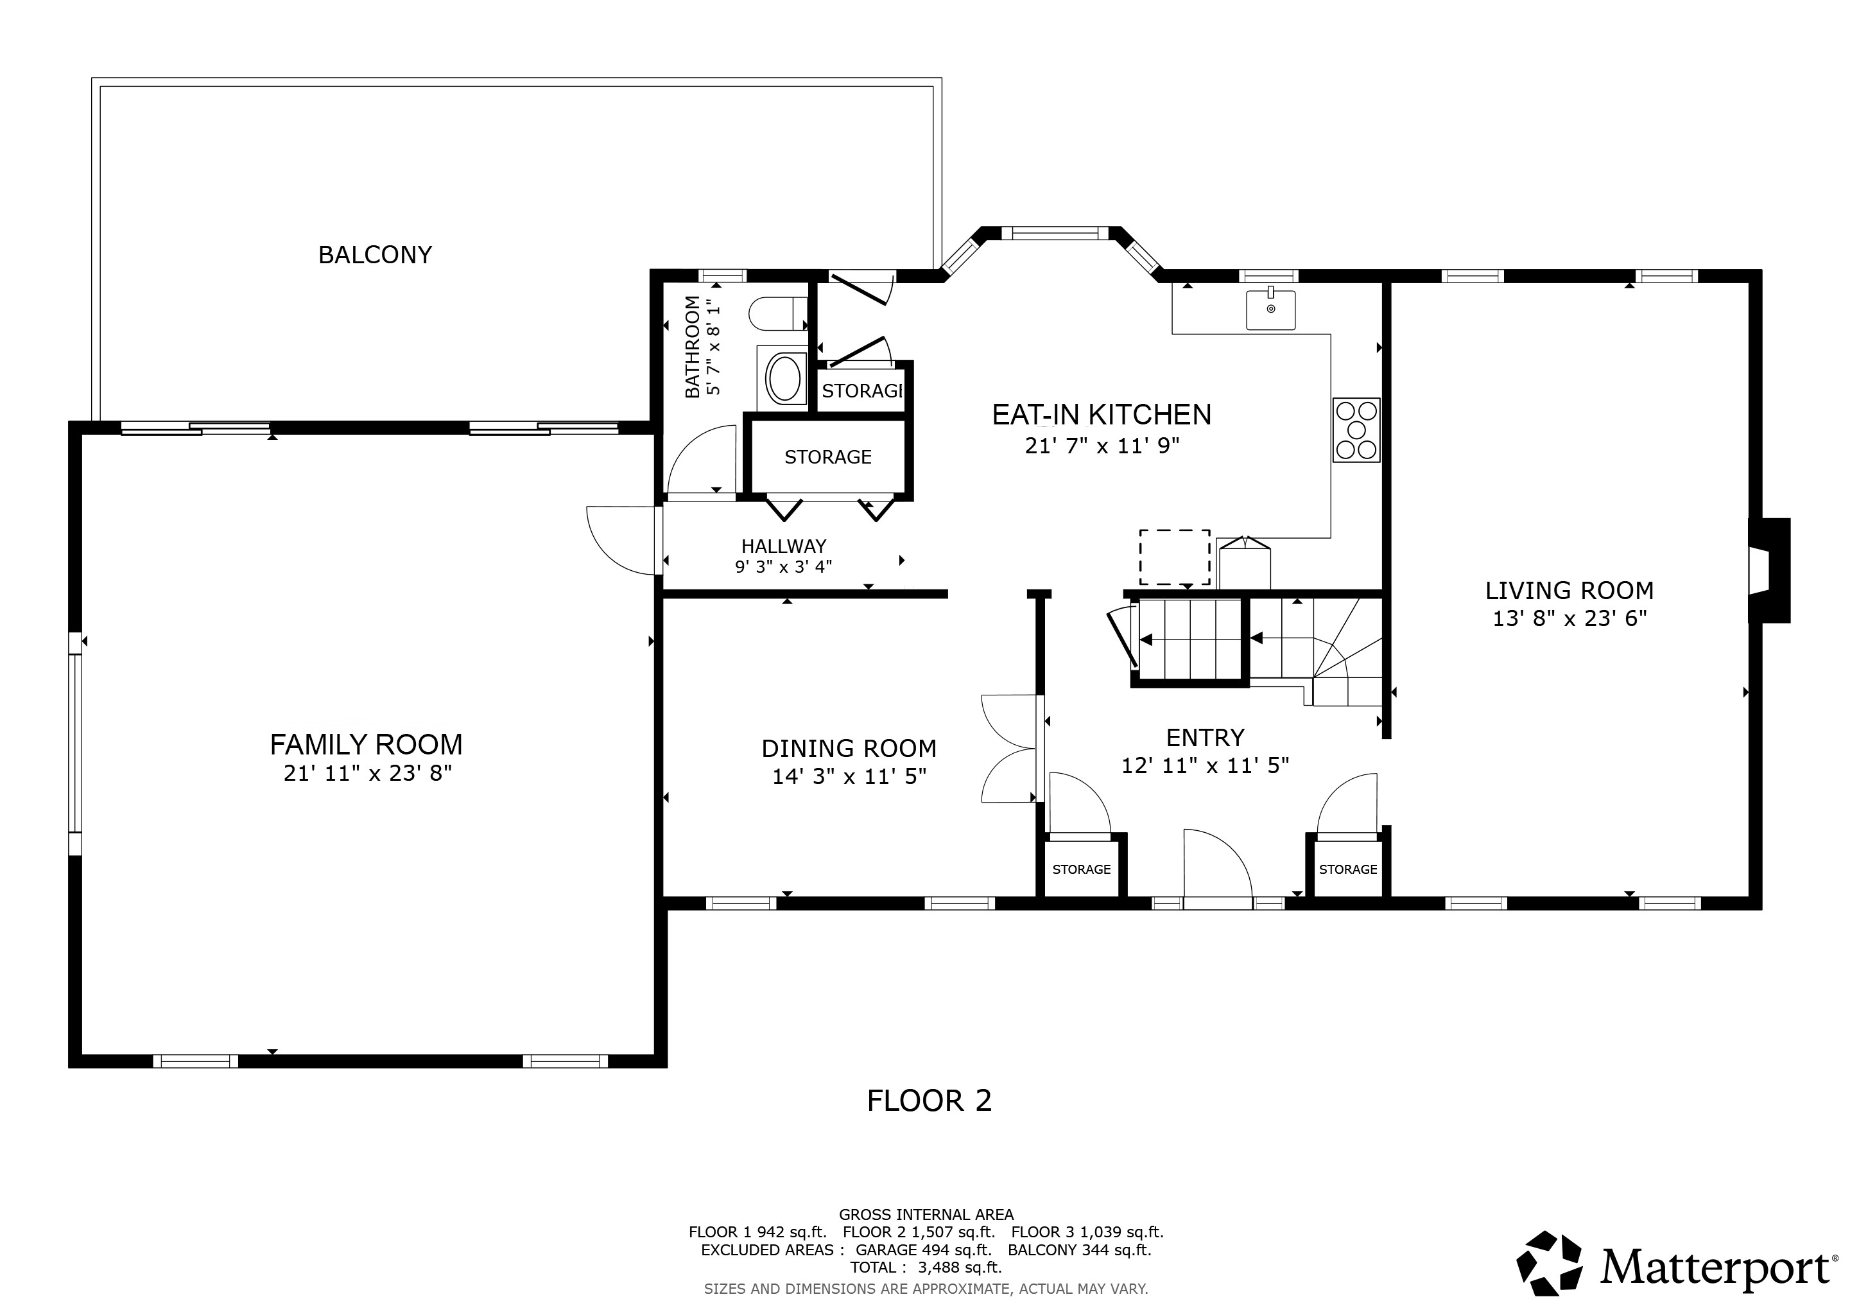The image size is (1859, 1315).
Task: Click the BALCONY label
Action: click(x=375, y=255)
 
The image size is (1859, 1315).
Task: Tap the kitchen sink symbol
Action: click(x=1270, y=310)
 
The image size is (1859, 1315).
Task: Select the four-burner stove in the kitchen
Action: click(x=1356, y=430)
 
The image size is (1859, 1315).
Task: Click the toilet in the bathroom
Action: click(x=777, y=313)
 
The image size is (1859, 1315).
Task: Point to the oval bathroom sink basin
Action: click(x=784, y=379)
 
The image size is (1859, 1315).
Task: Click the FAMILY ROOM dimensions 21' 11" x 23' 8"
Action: click(x=367, y=773)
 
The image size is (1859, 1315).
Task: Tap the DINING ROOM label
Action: click(x=849, y=748)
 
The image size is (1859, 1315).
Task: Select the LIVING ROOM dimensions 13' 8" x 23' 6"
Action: click(x=1569, y=618)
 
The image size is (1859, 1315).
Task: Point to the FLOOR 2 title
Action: click(x=929, y=1101)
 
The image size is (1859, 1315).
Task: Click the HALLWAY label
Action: click(x=783, y=546)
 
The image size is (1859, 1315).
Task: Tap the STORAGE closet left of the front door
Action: click(x=1081, y=869)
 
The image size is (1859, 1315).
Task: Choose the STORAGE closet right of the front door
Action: click(x=1347, y=869)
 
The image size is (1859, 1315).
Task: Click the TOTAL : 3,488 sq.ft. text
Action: click(x=926, y=1267)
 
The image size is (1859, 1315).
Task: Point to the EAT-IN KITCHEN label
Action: click(x=1101, y=415)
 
